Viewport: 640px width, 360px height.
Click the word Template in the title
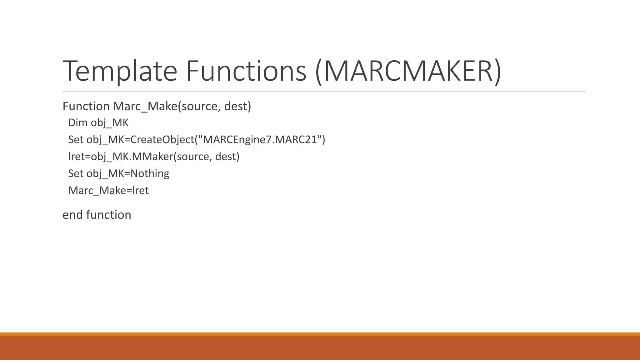click(x=120, y=71)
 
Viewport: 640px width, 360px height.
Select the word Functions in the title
click(x=246, y=71)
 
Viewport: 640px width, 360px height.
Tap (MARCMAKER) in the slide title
click(x=408, y=71)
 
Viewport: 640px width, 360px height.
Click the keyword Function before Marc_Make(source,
click(x=86, y=106)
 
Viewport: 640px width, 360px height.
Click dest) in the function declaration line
click(x=237, y=106)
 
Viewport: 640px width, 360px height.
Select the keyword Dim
click(x=78, y=123)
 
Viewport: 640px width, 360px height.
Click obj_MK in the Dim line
click(x=109, y=123)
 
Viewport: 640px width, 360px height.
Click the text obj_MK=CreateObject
click(x=140, y=139)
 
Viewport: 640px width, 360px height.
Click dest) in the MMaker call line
click(x=227, y=156)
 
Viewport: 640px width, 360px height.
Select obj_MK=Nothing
click(x=127, y=173)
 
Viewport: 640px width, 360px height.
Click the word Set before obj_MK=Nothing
click(x=76, y=173)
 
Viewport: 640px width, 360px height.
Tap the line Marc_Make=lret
click(x=108, y=190)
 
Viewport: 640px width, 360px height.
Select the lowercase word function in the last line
click(x=108, y=215)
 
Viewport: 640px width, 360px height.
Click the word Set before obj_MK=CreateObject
click(x=76, y=139)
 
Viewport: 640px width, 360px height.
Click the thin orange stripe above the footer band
click(x=320, y=334)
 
